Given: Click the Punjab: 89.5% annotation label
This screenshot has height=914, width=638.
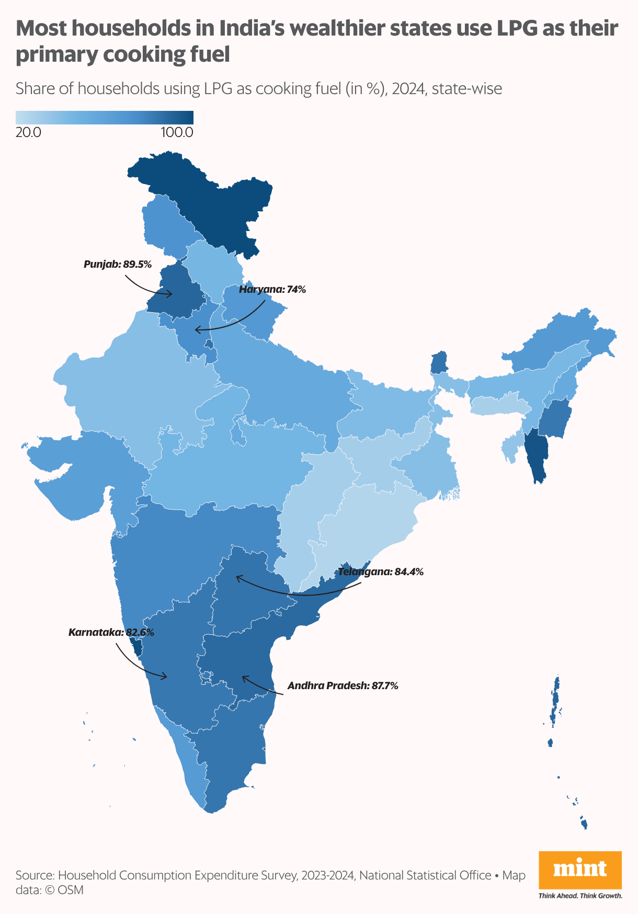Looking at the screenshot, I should [x=118, y=265].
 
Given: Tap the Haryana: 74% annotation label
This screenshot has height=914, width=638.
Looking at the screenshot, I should [x=272, y=289].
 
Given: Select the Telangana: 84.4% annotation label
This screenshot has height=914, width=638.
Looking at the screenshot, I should [x=381, y=572].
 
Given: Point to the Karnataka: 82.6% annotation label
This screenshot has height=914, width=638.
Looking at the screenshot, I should [x=111, y=632].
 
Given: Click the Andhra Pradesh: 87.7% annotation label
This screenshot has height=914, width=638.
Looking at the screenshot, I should [x=343, y=685].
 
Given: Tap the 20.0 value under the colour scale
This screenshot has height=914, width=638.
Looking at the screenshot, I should [x=29, y=132].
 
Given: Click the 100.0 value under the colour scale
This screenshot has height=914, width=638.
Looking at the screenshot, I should [x=177, y=132].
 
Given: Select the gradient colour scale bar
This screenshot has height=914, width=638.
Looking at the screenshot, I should [x=105, y=117].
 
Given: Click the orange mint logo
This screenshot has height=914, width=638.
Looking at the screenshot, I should [x=580, y=870].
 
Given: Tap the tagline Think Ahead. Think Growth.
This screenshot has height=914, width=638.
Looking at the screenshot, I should [x=580, y=896].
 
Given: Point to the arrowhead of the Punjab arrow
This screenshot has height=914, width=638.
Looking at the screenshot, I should [x=170, y=294].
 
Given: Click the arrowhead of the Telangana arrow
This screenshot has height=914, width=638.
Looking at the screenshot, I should [x=237, y=578].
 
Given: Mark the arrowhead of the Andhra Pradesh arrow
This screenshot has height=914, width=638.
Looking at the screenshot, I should [x=243, y=678].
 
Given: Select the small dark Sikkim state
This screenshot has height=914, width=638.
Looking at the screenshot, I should [x=439, y=362].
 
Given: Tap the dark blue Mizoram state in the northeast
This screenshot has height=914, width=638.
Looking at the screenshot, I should [x=536, y=455].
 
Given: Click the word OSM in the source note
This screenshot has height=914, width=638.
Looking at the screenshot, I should [x=71, y=889].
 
